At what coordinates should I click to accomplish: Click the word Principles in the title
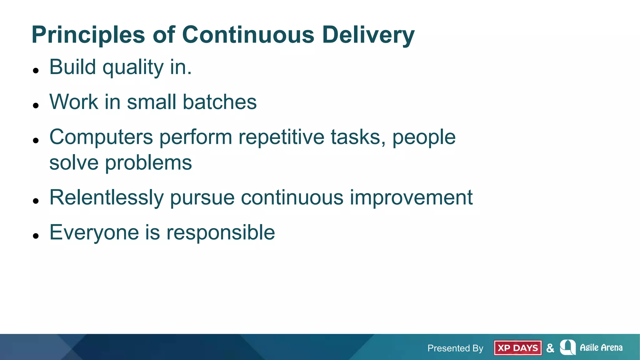[x=88, y=35]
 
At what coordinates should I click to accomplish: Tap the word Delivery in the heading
[x=368, y=35]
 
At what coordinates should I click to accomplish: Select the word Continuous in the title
[x=248, y=34]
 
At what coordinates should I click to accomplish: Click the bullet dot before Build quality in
[x=36, y=71]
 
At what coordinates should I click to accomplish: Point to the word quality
[x=133, y=67]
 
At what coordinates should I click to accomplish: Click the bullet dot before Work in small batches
[x=36, y=106]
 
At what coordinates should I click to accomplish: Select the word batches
[x=219, y=102]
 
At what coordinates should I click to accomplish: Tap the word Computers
[x=101, y=137]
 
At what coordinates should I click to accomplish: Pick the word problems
[x=148, y=163]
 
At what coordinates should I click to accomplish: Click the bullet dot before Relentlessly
[x=36, y=201]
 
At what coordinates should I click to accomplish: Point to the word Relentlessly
[x=106, y=198]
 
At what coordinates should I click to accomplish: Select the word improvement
[x=411, y=198]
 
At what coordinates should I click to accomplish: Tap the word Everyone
[x=94, y=232]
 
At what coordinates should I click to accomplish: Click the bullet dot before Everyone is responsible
[x=36, y=236]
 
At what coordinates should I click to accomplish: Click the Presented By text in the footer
[x=455, y=348]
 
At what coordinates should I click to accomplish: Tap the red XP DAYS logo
[x=517, y=348]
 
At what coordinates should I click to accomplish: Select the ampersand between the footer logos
[x=550, y=348]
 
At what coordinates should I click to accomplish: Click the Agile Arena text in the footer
[x=601, y=347]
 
